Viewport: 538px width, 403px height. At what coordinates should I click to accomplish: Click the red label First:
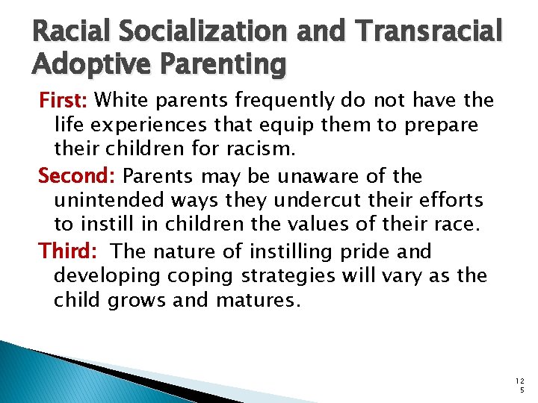coord(64,99)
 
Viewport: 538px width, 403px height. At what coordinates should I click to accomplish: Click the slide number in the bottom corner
coord(520,385)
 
